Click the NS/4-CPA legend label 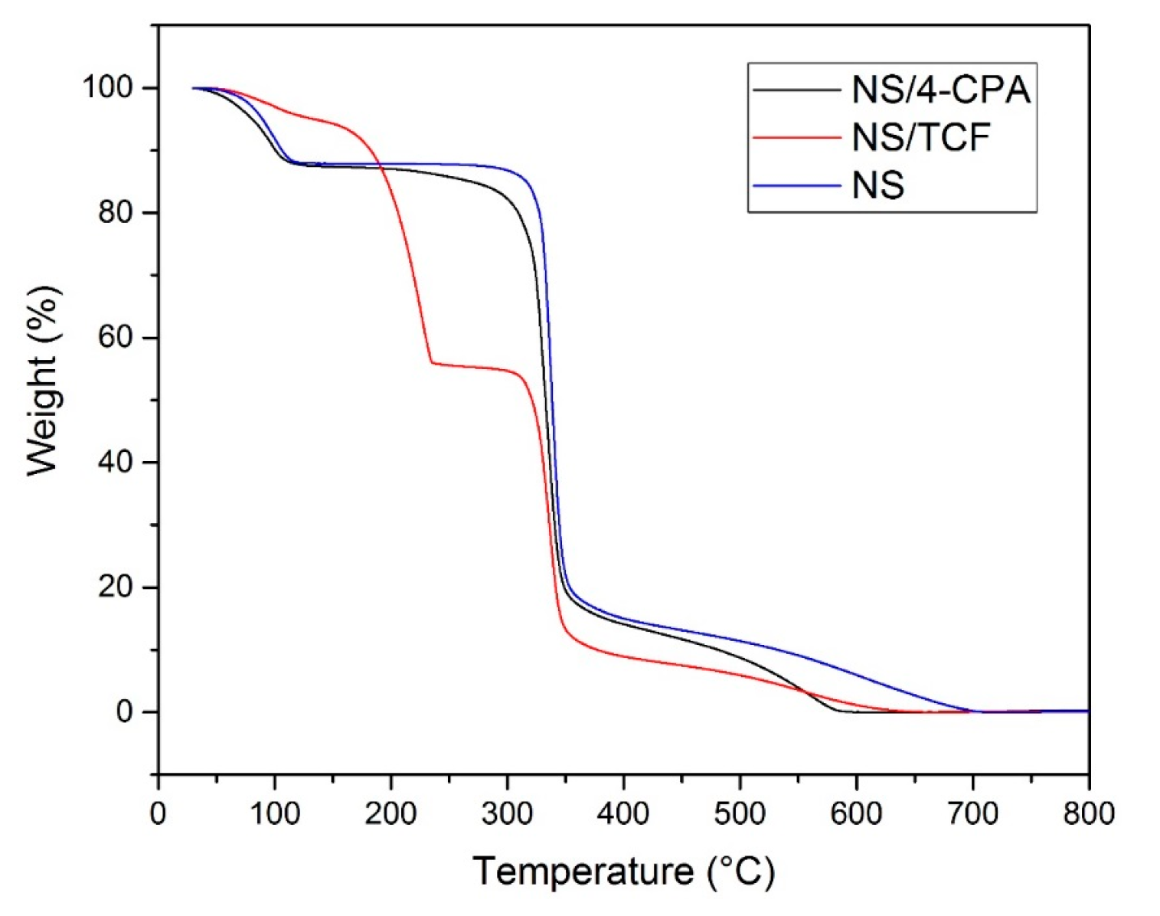[941, 90]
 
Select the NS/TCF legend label [921, 138]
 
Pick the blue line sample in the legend [796, 185]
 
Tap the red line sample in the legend [796, 138]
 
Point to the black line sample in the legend [796, 90]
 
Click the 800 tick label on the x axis [1088, 813]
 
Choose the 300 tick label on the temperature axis [507, 813]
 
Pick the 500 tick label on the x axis [740, 813]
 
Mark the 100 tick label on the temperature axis [274, 813]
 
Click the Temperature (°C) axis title [623, 872]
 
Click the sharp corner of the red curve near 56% [432, 362]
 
